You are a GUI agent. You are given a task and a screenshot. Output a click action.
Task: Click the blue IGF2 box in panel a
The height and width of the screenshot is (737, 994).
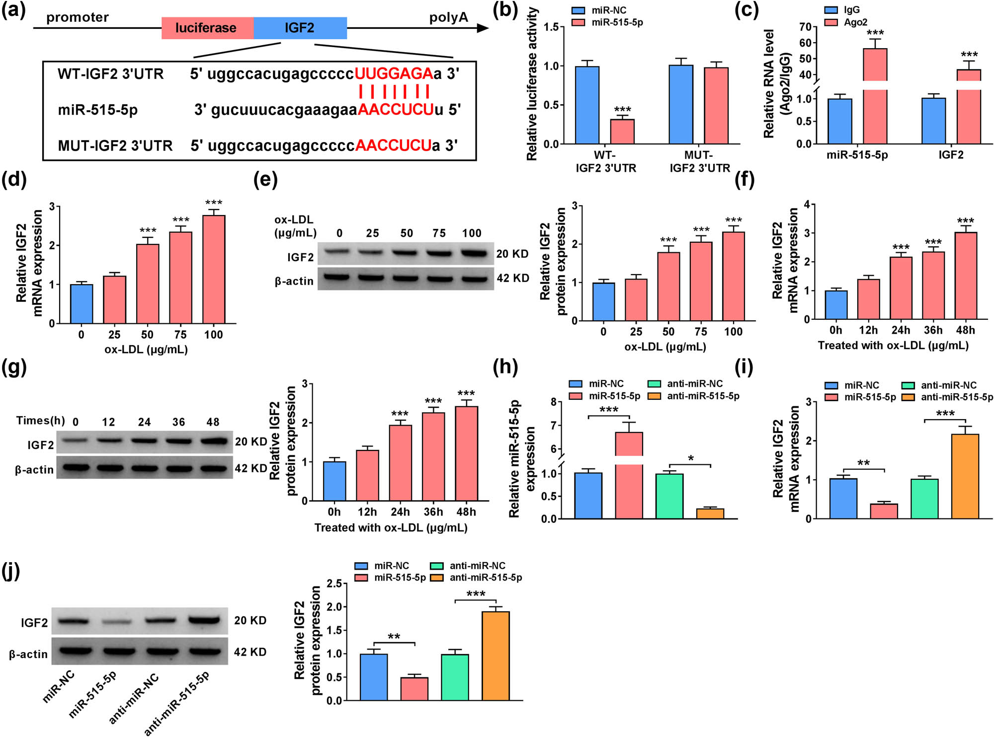click(x=300, y=28)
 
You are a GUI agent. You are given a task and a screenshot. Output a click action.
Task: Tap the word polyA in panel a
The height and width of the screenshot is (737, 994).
click(x=448, y=18)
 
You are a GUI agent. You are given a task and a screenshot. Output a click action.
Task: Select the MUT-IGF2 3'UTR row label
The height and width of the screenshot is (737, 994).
click(x=115, y=146)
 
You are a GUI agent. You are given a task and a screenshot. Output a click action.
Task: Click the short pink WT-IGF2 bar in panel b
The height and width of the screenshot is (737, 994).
click(x=622, y=132)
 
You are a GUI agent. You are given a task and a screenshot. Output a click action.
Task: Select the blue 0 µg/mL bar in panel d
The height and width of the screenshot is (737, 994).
click(x=82, y=304)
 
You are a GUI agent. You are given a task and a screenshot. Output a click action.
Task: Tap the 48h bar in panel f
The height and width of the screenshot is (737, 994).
click(x=965, y=276)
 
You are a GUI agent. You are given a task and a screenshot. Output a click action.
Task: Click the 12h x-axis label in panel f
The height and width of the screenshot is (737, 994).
click(x=868, y=330)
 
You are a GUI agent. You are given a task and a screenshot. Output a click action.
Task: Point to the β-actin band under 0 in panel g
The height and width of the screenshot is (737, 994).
click(x=76, y=468)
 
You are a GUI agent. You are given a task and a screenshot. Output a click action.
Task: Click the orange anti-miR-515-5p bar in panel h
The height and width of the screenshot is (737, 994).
click(x=710, y=514)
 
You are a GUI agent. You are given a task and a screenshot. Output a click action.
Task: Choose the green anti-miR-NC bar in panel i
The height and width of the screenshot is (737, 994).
click(x=924, y=499)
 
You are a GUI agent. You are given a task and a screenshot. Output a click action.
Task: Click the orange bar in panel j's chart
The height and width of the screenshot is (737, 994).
click(x=496, y=656)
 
